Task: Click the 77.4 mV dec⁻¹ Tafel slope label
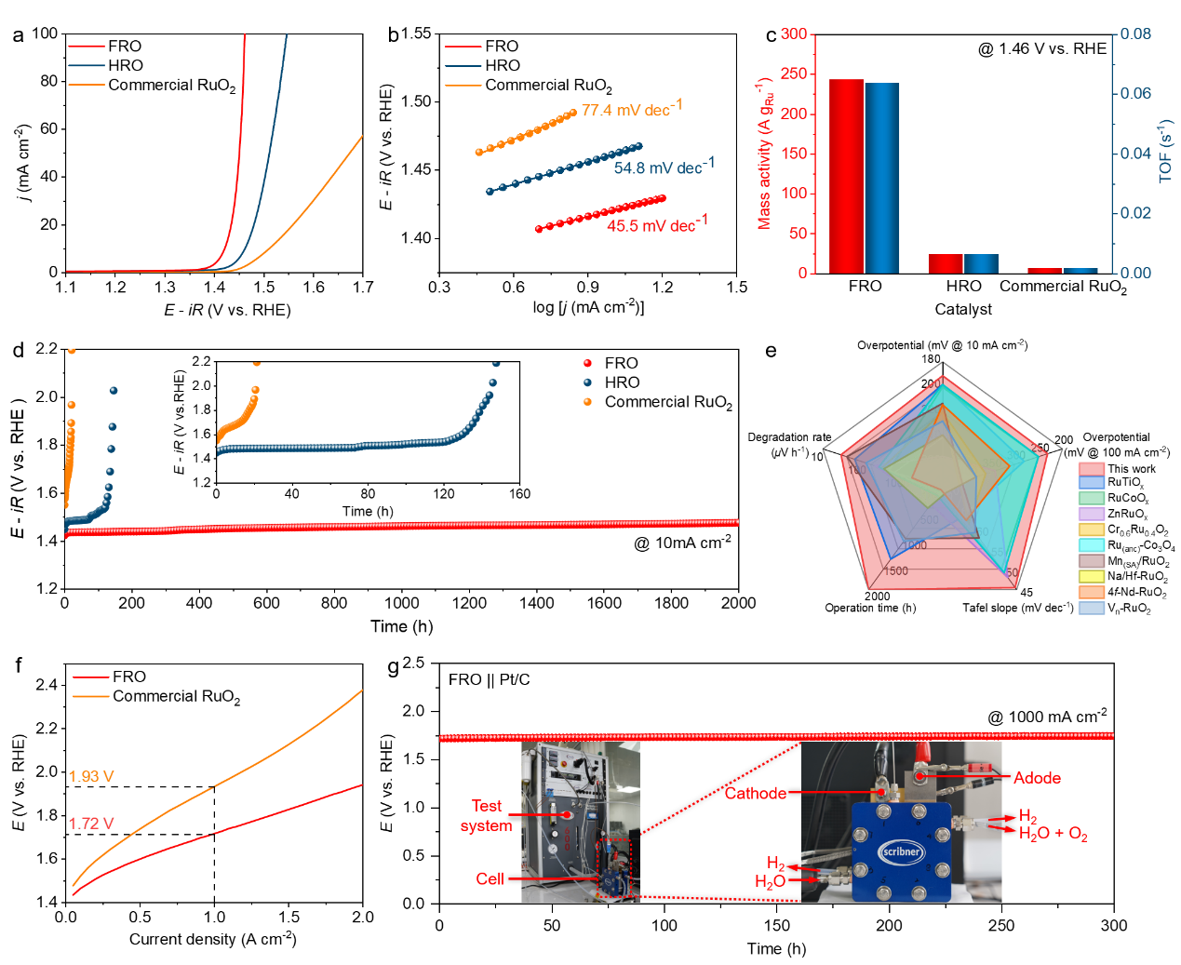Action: pos(632,109)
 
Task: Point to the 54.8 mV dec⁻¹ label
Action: pos(664,167)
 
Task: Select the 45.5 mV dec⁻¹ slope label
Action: pos(657,224)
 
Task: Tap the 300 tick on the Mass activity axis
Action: pos(794,34)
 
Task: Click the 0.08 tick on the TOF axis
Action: pos(1135,34)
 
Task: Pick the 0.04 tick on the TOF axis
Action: pos(1135,154)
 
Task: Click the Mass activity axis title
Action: pos(764,154)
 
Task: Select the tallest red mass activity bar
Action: pos(846,176)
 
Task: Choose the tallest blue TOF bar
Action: pos(882,178)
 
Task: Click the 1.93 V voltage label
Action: pos(91,777)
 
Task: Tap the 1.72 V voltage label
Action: pos(91,824)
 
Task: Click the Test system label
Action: pos(486,816)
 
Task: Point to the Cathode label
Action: pos(755,794)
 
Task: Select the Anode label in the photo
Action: pos(1037,778)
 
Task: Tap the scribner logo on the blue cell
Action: pos(902,851)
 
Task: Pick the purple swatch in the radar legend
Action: pos(1092,514)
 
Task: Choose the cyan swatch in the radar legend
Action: pos(1092,545)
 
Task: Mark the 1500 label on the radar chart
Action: pos(896,570)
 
